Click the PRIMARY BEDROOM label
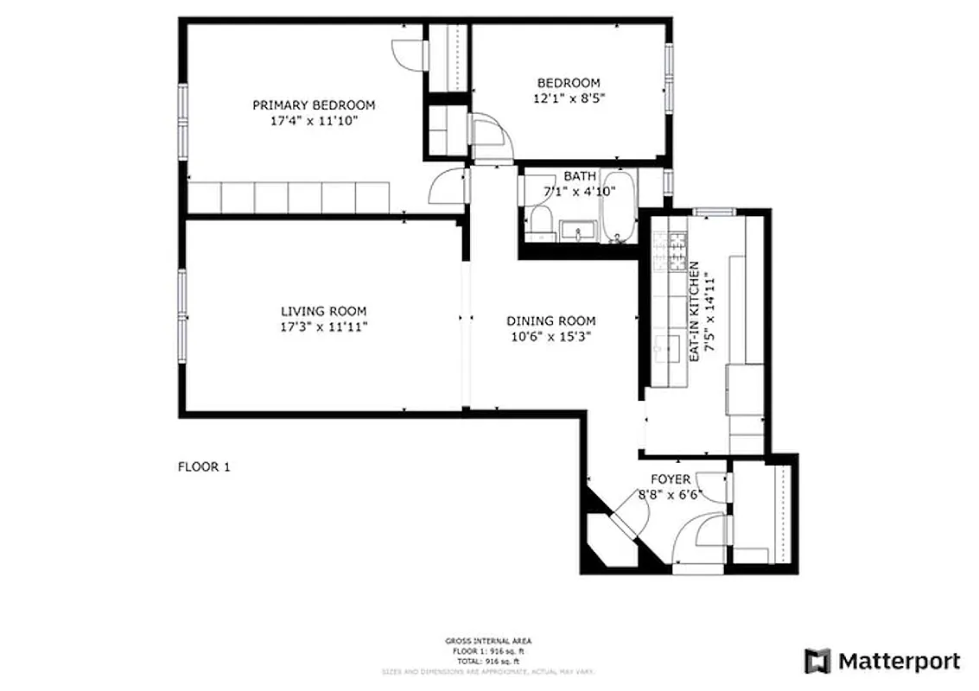point(314,105)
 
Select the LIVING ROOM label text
point(323,311)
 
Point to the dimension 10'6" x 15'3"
point(550,336)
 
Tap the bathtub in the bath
point(619,211)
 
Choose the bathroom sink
point(577,230)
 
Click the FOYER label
point(671,479)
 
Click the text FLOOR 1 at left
point(204,467)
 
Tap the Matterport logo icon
point(817,662)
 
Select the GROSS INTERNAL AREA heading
point(489,641)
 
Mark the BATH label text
point(579,176)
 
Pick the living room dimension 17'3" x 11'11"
point(323,327)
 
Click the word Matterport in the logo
point(899,662)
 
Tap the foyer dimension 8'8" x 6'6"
point(671,495)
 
